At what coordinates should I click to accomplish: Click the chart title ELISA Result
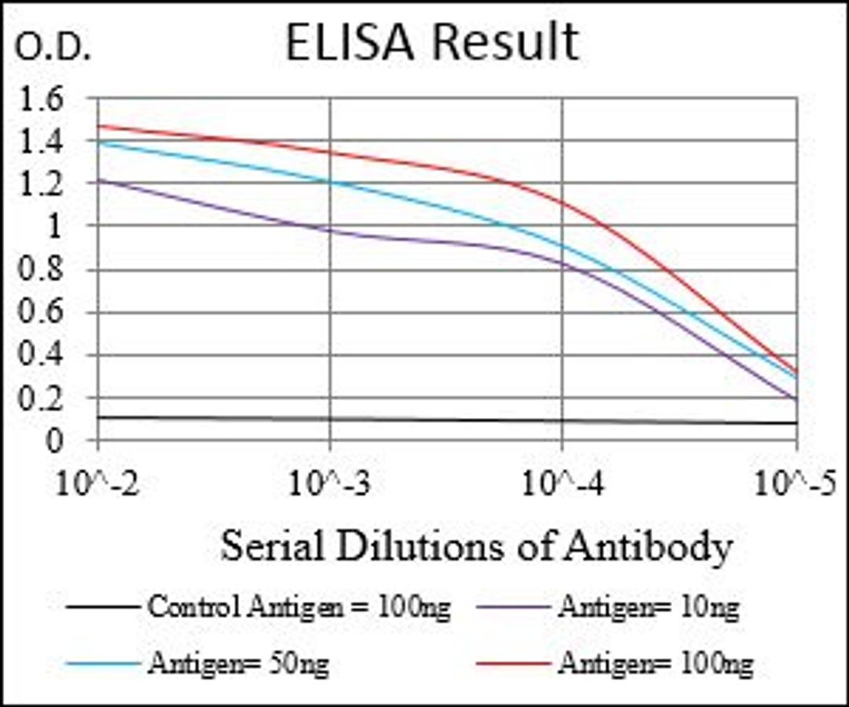[x=431, y=42]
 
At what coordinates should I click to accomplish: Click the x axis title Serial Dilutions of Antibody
[x=476, y=546]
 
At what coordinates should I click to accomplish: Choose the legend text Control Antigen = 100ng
[x=299, y=607]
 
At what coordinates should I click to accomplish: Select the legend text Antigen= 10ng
[x=649, y=607]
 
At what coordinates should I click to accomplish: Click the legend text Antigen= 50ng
[x=237, y=665]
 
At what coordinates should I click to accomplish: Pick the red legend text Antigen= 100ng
[x=655, y=665]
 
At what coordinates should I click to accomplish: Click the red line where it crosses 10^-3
[x=330, y=152]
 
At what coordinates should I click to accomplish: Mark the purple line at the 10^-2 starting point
[x=98, y=181]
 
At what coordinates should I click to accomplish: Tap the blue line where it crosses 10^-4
[x=563, y=245]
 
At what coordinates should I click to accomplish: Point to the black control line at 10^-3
[x=330, y=419]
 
